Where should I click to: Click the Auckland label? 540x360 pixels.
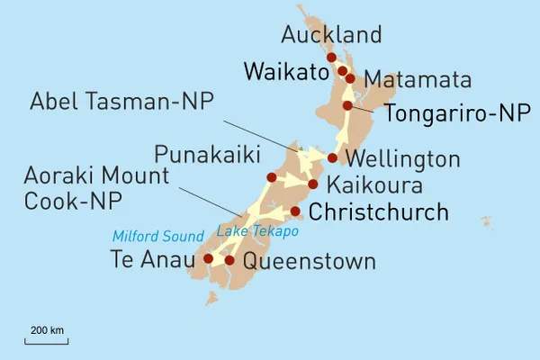point(331,35)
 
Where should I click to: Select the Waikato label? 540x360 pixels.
point(285,72)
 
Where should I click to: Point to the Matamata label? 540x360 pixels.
point(418,79)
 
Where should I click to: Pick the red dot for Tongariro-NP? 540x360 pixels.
point(347,106)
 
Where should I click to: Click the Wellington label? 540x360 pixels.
point(404,160)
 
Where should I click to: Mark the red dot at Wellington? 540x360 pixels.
point(332,158)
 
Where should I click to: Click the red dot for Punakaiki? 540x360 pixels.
point(272,177)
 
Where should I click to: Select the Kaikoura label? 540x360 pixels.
point(373,186)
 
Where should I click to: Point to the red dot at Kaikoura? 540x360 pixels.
point(312,184)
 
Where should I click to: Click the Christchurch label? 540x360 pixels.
point(378,212)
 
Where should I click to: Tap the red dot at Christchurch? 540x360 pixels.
point(294,211)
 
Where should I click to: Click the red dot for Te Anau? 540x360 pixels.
point(209,258)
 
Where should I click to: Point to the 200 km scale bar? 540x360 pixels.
point(47,341)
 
